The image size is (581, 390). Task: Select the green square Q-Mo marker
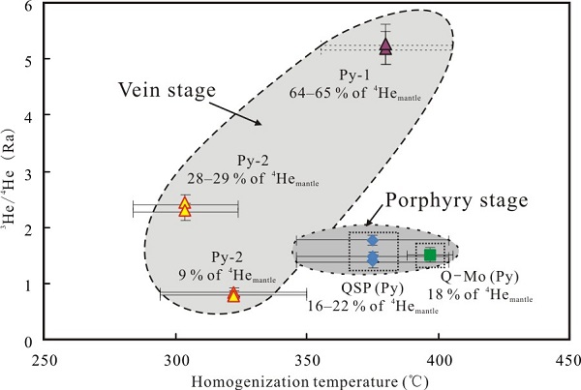point(430,255)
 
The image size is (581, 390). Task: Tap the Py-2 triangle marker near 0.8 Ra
point(233,294)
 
